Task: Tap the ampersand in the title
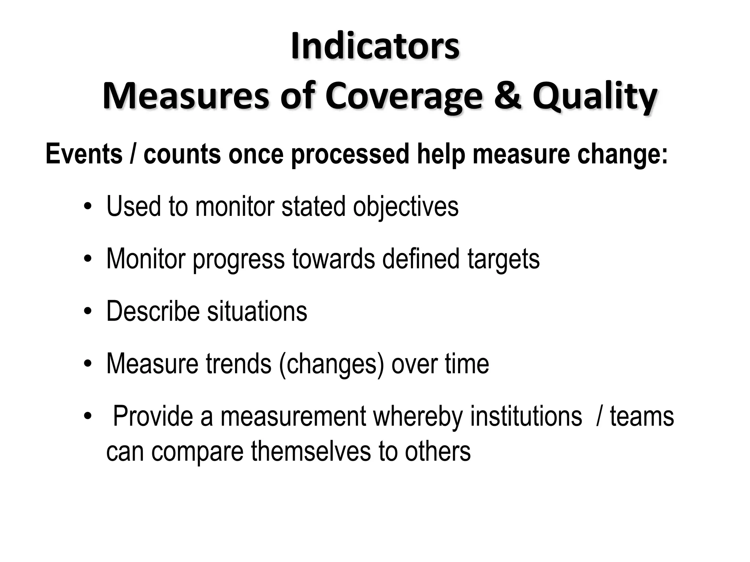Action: pos(507,96)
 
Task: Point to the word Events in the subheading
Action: pos(84,154)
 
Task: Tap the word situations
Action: pos(257,311)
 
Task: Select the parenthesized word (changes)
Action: pos(331,364)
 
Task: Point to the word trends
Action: pos(238,364)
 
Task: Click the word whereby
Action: pos(418,417)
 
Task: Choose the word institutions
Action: pos(526,416)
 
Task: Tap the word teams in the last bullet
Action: pos(642,417)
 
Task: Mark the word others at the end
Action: pos(438,451)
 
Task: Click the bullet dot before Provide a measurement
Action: pos(87,417)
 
